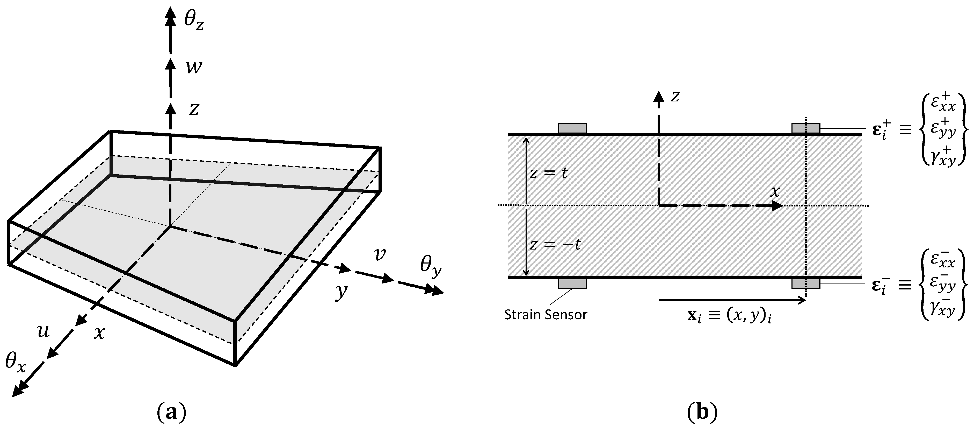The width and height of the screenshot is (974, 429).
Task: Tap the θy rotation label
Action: [x=430, y=266]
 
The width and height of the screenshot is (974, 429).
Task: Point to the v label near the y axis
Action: [x=379, y=254]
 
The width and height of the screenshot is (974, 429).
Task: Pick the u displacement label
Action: [x=43, y=331]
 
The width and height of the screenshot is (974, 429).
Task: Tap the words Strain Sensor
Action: [x=546, y=315]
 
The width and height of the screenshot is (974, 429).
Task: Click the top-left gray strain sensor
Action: [x=572, y=128]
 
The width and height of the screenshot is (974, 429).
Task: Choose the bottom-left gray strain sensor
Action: [x=572, y=283]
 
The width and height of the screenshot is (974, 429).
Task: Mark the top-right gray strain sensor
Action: [x=806, y=128]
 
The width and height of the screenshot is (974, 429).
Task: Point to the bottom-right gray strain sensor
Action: [x=806, y=283]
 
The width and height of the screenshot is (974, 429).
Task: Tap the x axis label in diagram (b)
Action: [x=775, y=192]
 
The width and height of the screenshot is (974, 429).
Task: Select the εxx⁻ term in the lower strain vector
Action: [x=943, y=260]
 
